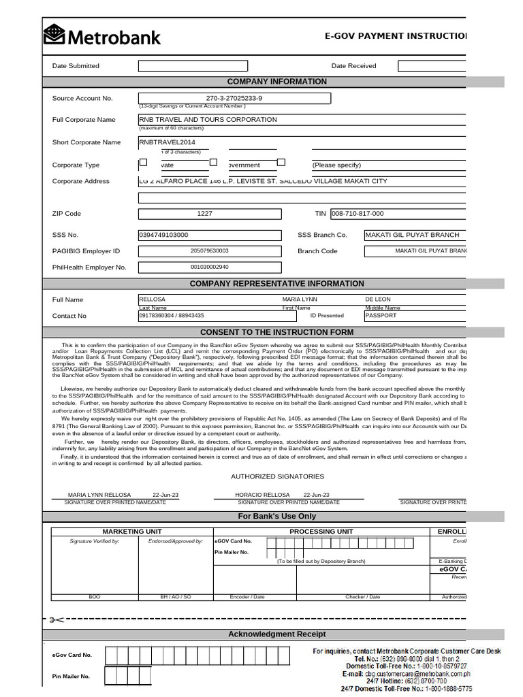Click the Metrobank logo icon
pos(54,34)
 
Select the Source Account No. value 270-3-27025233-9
pos(234,98)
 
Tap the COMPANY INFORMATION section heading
pos(276,82)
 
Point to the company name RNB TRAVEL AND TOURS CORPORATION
pos(208,120)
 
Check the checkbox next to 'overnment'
pos(213,163)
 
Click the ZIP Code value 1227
pos(205,214)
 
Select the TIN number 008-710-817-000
pos(358,214)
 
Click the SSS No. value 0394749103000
pos(163,235)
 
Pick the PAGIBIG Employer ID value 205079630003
pos(210,251)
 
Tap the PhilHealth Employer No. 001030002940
pos(210,268)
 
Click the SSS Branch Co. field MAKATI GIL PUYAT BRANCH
pos(412,235)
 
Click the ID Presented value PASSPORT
pos(381,316)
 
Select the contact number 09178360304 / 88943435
pos(171,316)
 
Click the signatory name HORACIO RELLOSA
pos(262,495)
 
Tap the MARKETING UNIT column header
pos(132,531)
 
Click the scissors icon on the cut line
pos(56,619)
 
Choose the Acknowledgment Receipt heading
pos(276,634)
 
